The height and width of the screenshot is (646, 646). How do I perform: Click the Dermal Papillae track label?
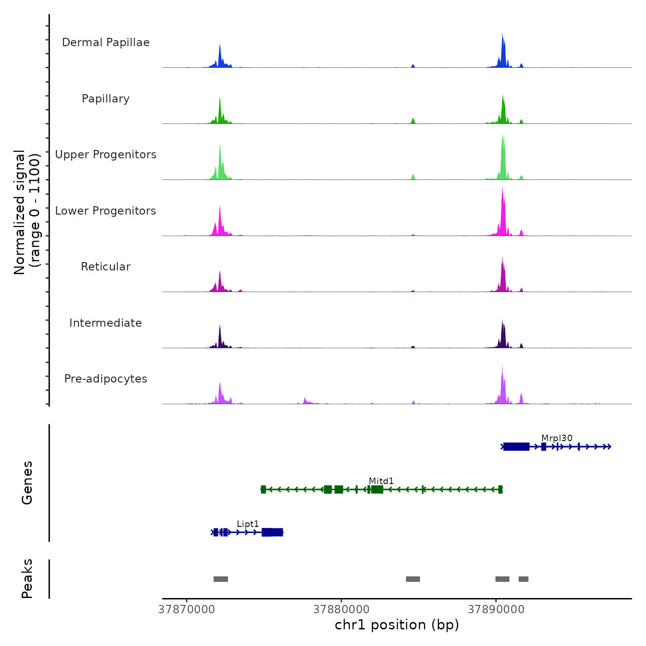[x=106, y=42]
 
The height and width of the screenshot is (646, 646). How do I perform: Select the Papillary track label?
[x=106, y=99]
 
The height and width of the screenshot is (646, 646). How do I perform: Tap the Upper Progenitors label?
[x=106, y=155]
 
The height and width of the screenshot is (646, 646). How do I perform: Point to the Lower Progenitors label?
[x=106, y=211]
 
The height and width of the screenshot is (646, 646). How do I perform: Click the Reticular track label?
[x=106, y=267]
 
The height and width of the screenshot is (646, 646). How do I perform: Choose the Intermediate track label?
[x=106, y=323]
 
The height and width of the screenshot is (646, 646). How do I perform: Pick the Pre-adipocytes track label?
[x=106, y=379]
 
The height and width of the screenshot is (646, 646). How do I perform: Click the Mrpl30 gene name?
[x=557, y=438]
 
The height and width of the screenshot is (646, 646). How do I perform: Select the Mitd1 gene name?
[x=381, y=481]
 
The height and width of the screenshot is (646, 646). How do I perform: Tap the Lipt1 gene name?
[x=248, y=524]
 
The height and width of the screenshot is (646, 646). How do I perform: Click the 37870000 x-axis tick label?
[x=186, y=610]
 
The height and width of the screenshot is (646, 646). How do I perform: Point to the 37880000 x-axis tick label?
[x=341, y=610]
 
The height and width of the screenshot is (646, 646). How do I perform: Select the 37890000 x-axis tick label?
[x=496, y=610]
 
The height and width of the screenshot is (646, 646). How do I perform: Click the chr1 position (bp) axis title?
[x=397, y=625]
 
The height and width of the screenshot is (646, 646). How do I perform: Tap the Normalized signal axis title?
[x=27, y=212]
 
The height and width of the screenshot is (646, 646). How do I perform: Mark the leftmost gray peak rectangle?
[x=221, y=579]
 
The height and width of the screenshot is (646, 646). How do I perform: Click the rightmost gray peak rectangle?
[x=523, y=579]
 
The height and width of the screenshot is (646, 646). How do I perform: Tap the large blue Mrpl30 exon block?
[x=516, y=446]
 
